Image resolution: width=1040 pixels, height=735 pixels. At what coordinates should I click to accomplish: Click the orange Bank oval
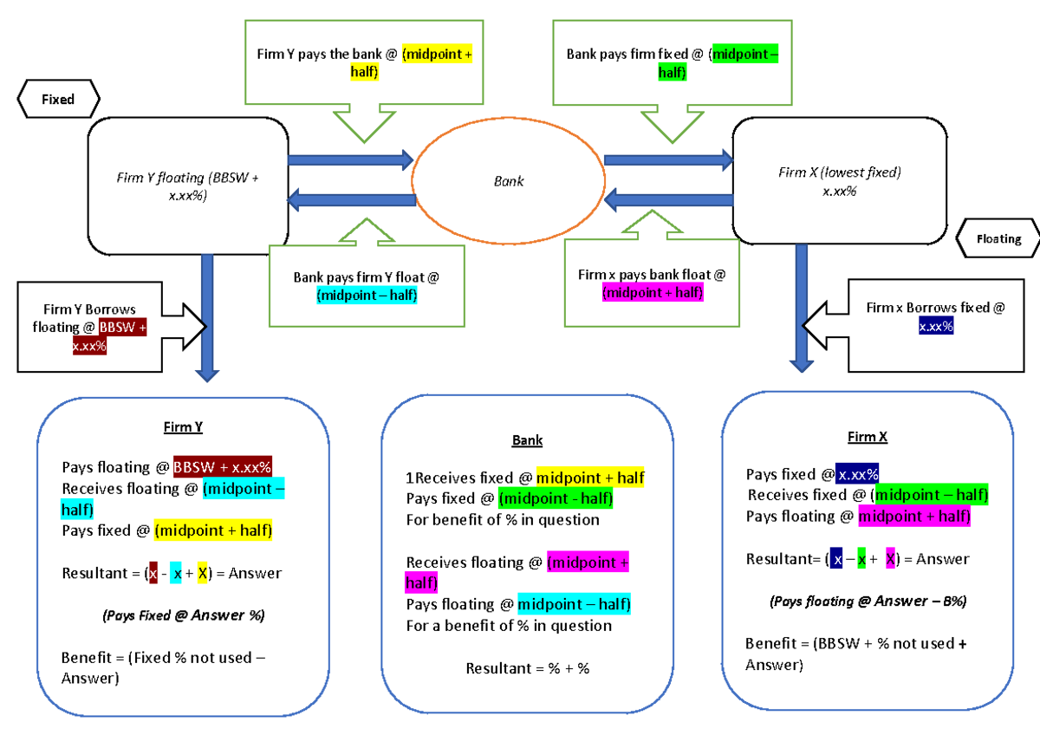pos(508,181)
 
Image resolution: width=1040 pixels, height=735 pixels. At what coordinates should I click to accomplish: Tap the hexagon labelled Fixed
pos(58,100)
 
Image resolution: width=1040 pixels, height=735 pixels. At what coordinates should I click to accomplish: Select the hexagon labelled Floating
pos(998,238)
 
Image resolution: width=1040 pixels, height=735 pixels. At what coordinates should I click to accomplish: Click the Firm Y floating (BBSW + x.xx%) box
pos(188,186)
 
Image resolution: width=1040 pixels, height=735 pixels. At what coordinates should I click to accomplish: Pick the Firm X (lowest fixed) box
pos(839,181)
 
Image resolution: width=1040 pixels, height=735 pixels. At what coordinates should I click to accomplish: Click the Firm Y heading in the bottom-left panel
pos(183,427)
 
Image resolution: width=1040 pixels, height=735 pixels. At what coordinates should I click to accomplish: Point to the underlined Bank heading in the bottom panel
pos(527,440)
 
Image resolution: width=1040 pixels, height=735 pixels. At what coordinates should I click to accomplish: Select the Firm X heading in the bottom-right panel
pos(868,438)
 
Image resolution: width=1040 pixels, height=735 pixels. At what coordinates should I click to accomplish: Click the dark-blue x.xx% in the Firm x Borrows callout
pos(935,326)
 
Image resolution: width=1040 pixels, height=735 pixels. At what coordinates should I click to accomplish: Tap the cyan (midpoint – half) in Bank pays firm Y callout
pos(367,296)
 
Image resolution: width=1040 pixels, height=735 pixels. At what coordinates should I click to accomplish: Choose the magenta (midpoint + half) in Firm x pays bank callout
pos(653,293)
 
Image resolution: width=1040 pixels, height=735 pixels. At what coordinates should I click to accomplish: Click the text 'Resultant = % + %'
pos(527,668)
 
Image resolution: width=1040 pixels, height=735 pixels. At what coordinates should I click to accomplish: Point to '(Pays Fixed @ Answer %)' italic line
pos(183,615)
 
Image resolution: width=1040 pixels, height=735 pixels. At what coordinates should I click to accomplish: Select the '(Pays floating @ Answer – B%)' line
pos(868,601)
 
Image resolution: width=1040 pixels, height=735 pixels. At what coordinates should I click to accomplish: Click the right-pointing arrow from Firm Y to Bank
pos(350,159)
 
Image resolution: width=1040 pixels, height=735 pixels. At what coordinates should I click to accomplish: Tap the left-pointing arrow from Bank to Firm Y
pos(350,200)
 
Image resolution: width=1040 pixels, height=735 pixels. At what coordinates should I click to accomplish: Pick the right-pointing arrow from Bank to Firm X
pos(668,159)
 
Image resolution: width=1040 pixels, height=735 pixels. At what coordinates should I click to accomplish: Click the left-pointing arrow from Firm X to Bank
pos(668,200)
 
